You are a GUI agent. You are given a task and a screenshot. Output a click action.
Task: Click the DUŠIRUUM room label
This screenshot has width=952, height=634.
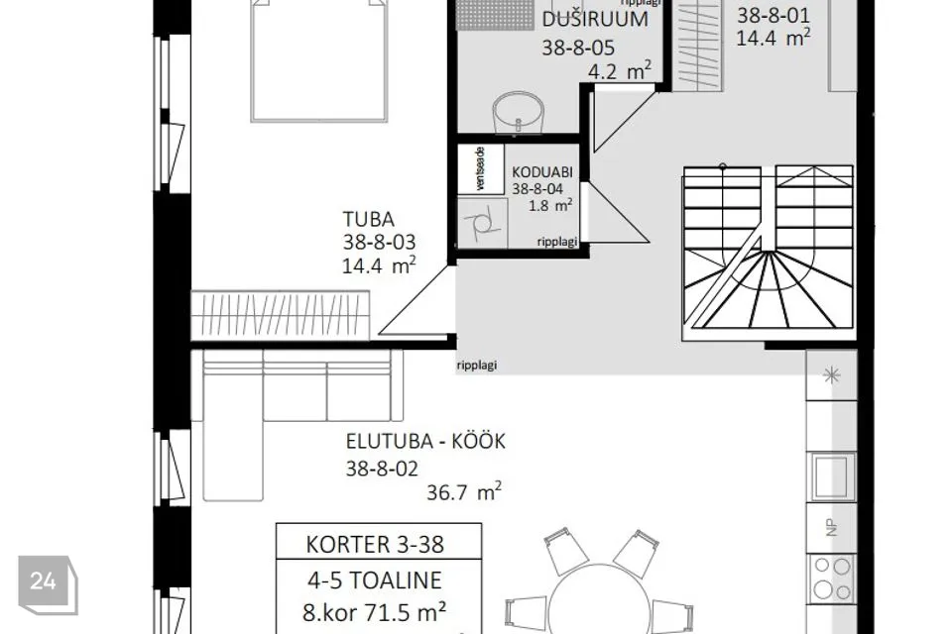595,19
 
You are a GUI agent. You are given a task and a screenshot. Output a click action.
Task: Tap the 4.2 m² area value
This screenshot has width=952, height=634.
619,70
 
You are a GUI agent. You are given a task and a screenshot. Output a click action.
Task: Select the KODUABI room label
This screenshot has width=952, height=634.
542,170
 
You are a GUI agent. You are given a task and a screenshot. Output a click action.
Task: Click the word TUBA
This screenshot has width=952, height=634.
368,219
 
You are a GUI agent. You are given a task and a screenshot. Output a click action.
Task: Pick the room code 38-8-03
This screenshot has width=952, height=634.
378,242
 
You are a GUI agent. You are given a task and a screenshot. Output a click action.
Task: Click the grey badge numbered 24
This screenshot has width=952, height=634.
43,581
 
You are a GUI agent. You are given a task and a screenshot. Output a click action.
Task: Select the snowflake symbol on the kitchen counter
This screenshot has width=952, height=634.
831,375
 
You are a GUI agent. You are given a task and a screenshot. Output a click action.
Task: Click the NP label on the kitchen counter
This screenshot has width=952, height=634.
831,528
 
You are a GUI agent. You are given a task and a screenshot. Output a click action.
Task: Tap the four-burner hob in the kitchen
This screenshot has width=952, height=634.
831,577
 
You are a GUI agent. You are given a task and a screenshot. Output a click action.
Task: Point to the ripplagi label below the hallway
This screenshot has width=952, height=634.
477,364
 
